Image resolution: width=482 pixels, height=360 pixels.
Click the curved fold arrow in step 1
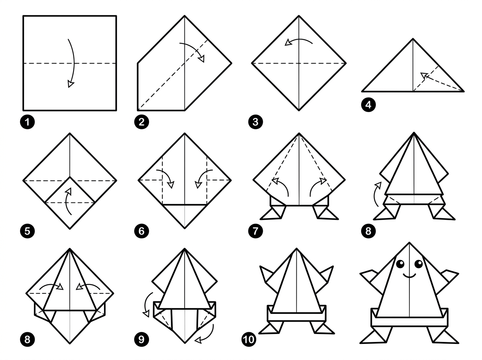72,62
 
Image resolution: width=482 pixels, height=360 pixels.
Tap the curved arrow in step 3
299,41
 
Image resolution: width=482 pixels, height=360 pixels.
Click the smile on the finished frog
409,276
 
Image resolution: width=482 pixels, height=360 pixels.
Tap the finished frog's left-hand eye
401,264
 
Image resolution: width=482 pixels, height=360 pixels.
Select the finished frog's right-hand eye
418,264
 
